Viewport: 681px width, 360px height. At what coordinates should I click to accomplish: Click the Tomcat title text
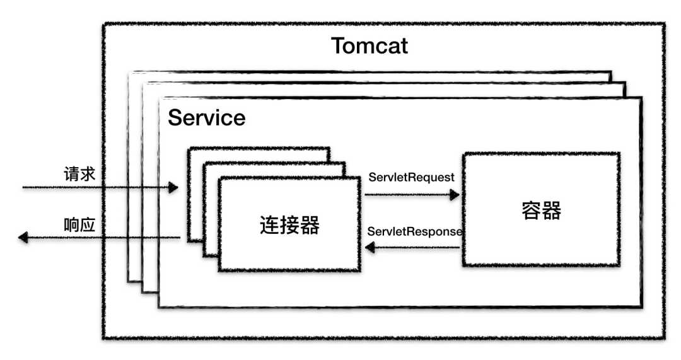[370, 46]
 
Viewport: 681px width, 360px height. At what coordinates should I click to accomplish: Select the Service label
[206, 118]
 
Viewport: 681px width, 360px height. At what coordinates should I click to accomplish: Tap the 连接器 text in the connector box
[289, 224]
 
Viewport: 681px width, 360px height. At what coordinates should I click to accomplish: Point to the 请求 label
[79, 174]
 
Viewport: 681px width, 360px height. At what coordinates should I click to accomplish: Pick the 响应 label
[79, 225]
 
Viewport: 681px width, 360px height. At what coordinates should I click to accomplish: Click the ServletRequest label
[411, 177]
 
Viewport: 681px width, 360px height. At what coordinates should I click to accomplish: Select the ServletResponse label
[415, 231]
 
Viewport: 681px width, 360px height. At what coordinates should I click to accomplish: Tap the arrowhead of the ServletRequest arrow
[455, 195]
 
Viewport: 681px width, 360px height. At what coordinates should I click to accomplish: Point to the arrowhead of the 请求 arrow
[173, 188]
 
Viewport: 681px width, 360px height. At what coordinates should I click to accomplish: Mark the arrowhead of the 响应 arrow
[23, 238]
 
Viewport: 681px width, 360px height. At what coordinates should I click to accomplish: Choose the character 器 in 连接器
[309, 224]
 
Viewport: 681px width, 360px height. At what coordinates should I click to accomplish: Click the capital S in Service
[175, 118]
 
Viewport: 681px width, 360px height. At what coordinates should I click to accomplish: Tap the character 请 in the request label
[71, 174]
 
